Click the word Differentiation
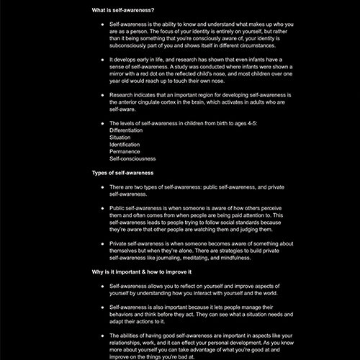(x=131, y=130)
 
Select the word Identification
(x=130, y=144)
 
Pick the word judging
(x=235, y=229)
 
